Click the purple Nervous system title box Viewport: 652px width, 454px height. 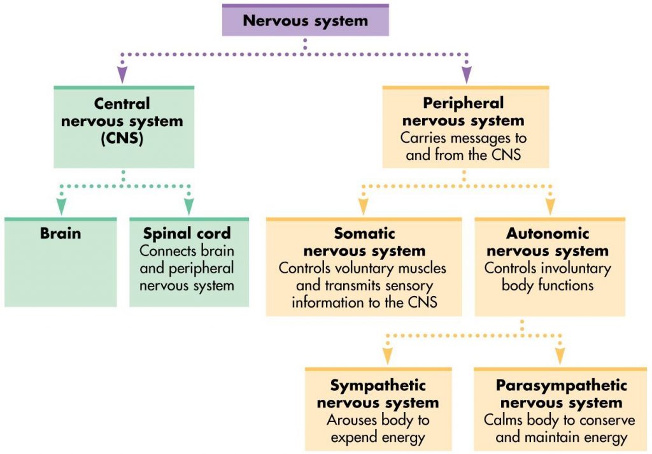tap(305, 20)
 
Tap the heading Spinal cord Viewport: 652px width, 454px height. tap(187, 233)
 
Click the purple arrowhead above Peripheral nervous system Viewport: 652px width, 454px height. tap(466, 76)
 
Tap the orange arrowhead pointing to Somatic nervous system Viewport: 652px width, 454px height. tap(364, 206)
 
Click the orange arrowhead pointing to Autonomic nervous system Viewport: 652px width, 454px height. tap(550, 206)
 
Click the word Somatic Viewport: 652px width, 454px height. tap(364, 234)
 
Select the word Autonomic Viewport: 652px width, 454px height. tap(548, 234)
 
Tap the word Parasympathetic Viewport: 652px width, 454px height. tap(561, 386)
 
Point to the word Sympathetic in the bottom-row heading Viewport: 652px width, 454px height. tap(378, 386)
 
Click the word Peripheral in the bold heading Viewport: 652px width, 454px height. tap(463, 103)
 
